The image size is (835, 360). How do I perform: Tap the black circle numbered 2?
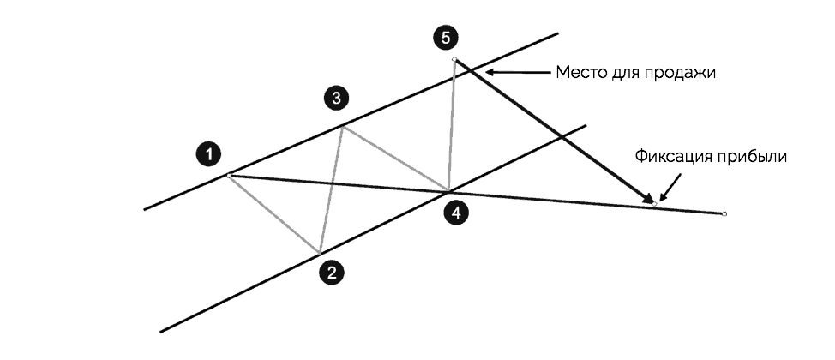pos(332,273)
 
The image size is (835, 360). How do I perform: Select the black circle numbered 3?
pos(337,99)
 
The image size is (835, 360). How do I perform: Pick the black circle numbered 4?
pos(459,213)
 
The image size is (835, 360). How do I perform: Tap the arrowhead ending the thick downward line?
pos(649,201)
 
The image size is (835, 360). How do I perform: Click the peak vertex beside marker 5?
pos(454,59)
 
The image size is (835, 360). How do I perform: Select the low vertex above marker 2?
pos(320,253)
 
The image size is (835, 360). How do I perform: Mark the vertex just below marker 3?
pos(344,127)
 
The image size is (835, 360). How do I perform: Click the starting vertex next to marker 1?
pos(229,175)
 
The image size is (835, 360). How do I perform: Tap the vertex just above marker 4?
pos(448,190)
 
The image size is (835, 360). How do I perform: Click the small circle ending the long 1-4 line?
pos(724,213)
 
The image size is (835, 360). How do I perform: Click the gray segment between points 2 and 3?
pos(332,190)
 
